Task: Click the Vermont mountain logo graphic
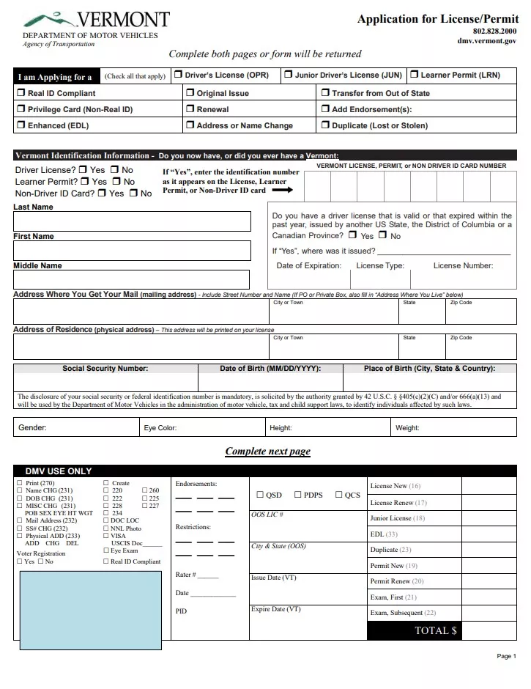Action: pyautogui.click(x=48, y=19)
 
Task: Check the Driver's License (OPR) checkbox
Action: pyautogui.click(x=179, y=75)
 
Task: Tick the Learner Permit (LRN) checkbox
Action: pyautogui.click(x=415, y=75)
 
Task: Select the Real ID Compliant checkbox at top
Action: pyautogui.click(x=21, y=93)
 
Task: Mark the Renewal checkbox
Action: pyautogui.click(x=190, y=109)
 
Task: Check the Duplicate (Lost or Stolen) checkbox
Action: pyautogui.click(x=325, y=125)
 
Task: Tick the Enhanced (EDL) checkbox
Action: pyautogui.click(x=21, y=125)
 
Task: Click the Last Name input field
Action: pyautogui.click(x=131, y=221)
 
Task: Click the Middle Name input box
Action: pyautogui.click(x=131, y=279)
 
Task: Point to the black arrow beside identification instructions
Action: pyautogui.click(x=282, y=190)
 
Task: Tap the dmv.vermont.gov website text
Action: pyautogui.click(x=486, y=42)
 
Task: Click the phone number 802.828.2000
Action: pyautogui.click(x=494, y=31)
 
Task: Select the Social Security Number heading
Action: pyautogui.click(x=105, y=369)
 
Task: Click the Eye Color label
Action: pyautogui.click(x=160, y=427)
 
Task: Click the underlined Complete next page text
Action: pyautogui.click(x=267, y=452)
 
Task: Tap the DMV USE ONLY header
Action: pyautogui.click(x=59, y=471)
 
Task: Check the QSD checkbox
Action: pyautogui.click(x=259, y=495)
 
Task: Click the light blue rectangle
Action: pyautogui.click(x=90, y=610)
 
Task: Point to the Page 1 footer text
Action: pyautogui.click(x=506, y=656)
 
